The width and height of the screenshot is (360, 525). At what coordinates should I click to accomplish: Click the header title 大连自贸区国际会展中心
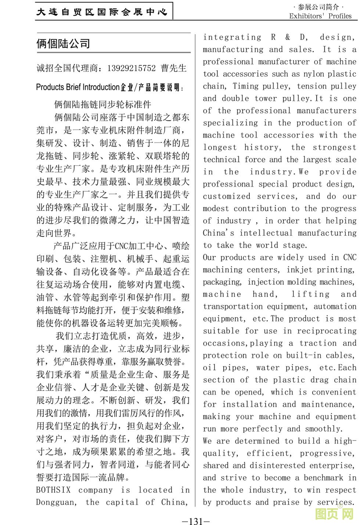(102, 12)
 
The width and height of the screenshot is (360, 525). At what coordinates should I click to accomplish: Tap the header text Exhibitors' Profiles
(320, 16)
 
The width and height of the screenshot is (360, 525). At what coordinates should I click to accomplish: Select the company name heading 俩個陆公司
(63, 44)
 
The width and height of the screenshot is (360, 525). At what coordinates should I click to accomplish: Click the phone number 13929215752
(131, 68)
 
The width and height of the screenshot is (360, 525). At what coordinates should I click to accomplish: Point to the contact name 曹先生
(174, 68)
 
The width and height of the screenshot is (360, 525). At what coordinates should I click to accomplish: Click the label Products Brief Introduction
(78, 87)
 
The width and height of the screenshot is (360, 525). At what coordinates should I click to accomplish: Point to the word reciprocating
(327, 331)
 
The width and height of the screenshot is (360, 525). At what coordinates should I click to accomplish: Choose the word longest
(220, 147)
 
